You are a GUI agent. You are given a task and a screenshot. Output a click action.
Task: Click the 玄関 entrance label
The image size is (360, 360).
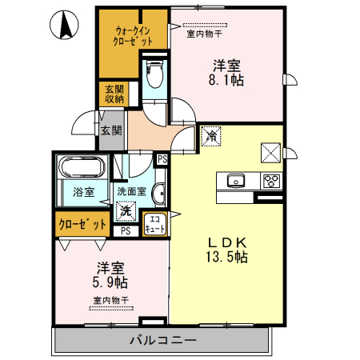[x=110, y=130]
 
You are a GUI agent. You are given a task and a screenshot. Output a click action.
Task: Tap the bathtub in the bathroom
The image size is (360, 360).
[x=81, y=170]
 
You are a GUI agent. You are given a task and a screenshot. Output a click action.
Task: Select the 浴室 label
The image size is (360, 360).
[x=84, y=192]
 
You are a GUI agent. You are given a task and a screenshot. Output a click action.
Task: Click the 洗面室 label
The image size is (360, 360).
[x=131, y=192]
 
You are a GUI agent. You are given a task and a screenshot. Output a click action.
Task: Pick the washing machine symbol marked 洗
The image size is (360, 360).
[x=126, y=211]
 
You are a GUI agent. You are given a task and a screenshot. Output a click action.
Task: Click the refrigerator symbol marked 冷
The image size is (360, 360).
[x=211, y=137]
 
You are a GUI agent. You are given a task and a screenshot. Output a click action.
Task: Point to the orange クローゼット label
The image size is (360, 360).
[x=82, y=225]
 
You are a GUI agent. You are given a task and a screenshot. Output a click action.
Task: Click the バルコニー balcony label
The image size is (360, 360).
[x=162, y=341]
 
